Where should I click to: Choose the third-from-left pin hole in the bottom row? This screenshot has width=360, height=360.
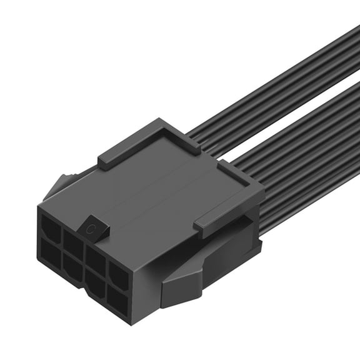click(x=94, y=284)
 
